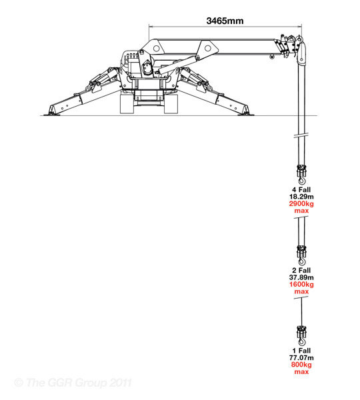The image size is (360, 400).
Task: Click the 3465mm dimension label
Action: click(225, 21)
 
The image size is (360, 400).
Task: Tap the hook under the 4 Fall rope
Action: click(301, 175)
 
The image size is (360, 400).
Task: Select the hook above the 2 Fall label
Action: click(301, 255)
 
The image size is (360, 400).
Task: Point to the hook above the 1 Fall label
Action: click(301, 336)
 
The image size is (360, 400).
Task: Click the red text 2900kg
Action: click(301, 203)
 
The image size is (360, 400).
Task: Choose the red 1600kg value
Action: click(301, 284)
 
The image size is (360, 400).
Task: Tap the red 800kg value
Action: click(301, 365)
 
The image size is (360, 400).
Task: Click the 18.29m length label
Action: click(301, 197)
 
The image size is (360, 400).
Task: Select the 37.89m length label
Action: click(301, 277)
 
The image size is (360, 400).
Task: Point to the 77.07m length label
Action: click(301, 357)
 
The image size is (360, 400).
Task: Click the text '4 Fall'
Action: click(301, 190)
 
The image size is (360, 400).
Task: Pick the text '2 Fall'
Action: click(301, 271)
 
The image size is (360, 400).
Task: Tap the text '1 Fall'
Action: click(301, 351)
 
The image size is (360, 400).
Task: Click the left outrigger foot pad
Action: click(52, 114)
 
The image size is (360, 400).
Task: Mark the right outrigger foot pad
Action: click(246, 114)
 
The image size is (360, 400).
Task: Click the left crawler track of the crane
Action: click(127, 104)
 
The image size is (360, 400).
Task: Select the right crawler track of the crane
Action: click(171, 104)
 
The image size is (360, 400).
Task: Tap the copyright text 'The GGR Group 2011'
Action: click(73, 383)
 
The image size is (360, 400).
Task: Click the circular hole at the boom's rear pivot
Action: click(157, 48)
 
